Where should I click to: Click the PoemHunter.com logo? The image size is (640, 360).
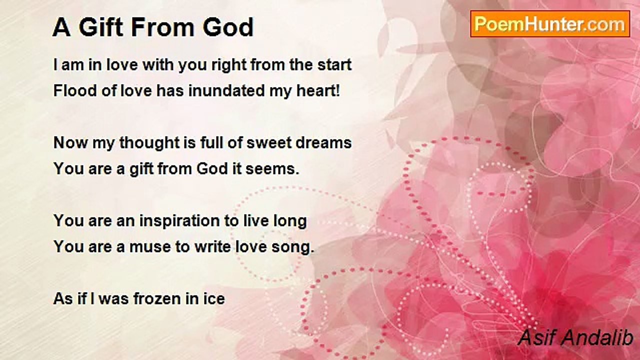[550, 24]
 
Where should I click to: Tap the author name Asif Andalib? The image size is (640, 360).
[575, 337]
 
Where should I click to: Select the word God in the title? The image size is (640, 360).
[228, 27]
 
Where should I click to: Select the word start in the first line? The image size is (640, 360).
[334, 65]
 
